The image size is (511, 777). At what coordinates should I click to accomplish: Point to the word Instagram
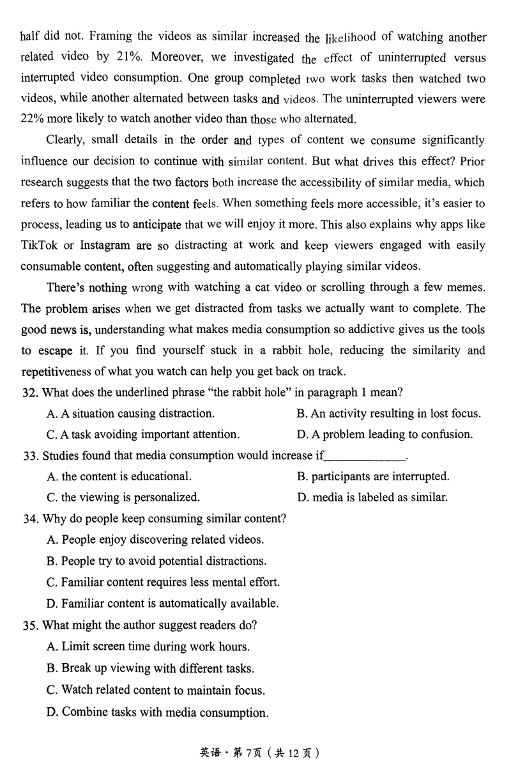(x=107, y=245)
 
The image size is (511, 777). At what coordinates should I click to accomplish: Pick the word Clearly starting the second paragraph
(x=67, y=140)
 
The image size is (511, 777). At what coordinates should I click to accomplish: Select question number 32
(x=29, y=392)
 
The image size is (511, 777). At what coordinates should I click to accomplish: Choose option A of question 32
(x=130, y=413)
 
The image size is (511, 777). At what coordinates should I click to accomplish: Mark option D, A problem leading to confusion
(x=385, y=434)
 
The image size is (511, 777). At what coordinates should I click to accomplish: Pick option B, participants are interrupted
(x=373, y=476)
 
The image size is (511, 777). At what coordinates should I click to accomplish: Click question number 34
(x=29, y=519)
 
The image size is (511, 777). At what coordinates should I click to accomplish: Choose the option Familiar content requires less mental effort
(x=163, y=582)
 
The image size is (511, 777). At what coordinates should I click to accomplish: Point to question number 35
(x=29, y=625)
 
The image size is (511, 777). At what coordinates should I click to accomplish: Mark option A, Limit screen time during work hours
(x=148, y=646)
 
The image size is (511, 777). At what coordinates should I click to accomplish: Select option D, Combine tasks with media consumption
(x=157, y=712)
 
